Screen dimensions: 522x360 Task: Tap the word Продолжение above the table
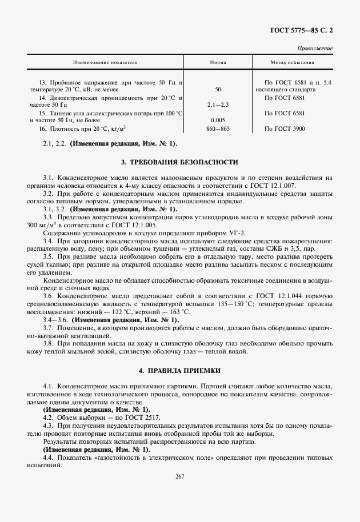pos(315,49)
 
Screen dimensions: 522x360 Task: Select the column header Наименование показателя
pos(105,62)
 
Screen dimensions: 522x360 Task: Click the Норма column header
pos(218,62)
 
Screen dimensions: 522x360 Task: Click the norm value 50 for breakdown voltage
pos(218,90)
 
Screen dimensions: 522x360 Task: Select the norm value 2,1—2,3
pos(218,106)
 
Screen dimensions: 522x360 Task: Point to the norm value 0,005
pos(218,121)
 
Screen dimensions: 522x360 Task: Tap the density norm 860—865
pos(218,129)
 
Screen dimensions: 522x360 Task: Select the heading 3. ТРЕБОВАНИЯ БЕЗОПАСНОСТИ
pos(179,163)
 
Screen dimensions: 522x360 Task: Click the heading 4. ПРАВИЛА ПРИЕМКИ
pos(179,371)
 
